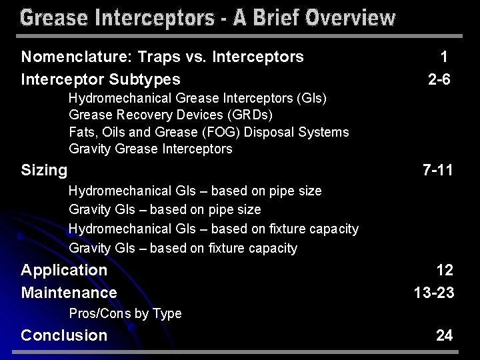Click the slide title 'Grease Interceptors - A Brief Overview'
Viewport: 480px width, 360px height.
pyautogui.click(x=207, y=17)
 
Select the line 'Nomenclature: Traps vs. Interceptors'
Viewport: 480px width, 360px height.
pyautogui.click(x=163, y=57)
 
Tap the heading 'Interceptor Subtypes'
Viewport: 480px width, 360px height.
pyautogui.click(x=101, y=79)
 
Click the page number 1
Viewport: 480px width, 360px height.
pyautogui.click(x=444, y=57)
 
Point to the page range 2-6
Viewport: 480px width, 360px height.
pyautogui.click(x=439, y=79)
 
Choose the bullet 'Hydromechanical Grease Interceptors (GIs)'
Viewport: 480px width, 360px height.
pyautogui.click(x=197, y=99)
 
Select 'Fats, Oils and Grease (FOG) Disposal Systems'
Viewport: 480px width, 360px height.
pyautogui.click(x=209, y=132)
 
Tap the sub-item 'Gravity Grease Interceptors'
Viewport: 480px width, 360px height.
pyautogui.click(x=151, y=149)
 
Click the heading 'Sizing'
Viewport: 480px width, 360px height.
pyautogui.click(x=44, y=171)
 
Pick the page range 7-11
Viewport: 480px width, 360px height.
pyautogui.click(x=438, y=171)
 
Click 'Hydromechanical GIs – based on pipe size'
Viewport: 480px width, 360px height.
pyautogui.click(x=195, y=191)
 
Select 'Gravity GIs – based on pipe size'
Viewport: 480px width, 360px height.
pyautogui.click(x=165, y=210)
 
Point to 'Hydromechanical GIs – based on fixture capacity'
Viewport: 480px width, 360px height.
pyautogui.click(x=213, y=229)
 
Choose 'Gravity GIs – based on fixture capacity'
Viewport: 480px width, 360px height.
pyautogui.click(x=183, y=248)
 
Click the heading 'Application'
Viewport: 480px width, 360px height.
pyautogui.click(x=64, y=270)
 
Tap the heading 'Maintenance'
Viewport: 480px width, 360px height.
pyautogui.click(x=69, y=293)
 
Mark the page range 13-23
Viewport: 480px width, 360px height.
pyautogui.click(x=434, y=293)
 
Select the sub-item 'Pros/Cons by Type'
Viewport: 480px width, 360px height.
pyautogui.click(x=125, y=313)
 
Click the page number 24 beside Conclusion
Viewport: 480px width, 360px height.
pyautogui.click(x=445, y=335)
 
